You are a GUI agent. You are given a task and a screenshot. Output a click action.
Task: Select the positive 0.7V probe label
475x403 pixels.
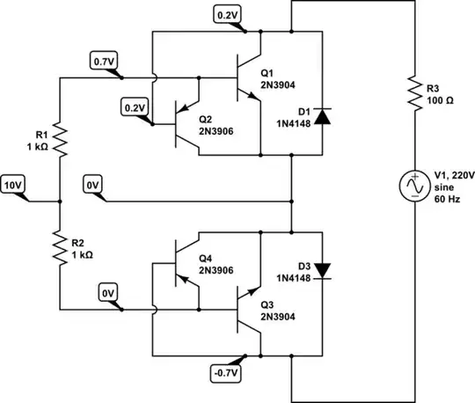tap(102, 61)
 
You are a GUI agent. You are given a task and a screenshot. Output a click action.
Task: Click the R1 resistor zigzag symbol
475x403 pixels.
tap(60, 138)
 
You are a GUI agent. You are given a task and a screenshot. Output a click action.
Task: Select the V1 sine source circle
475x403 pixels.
tap(413, 186)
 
